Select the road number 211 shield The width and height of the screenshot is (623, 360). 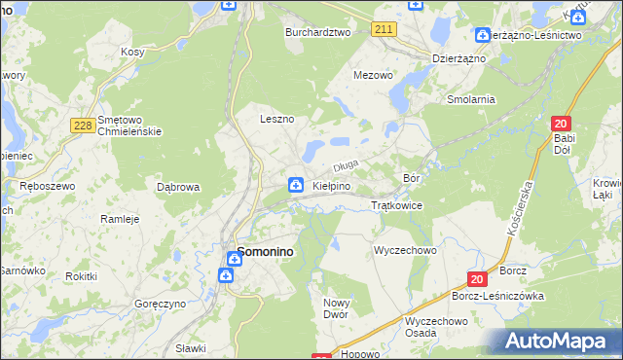[384, 30]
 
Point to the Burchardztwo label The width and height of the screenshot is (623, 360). [317, 32]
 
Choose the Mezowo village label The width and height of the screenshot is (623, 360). [373, 74]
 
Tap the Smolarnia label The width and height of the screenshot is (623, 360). [471, 99]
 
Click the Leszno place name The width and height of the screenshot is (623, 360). [276, 119]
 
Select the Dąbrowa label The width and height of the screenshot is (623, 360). [178, 186]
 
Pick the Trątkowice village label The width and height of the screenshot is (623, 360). [396, 205]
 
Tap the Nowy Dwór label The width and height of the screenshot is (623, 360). [336, 308]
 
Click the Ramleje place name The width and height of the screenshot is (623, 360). [121, 219]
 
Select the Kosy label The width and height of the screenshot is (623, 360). [132, 52]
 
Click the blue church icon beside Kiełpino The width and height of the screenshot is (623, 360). [295, 185]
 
